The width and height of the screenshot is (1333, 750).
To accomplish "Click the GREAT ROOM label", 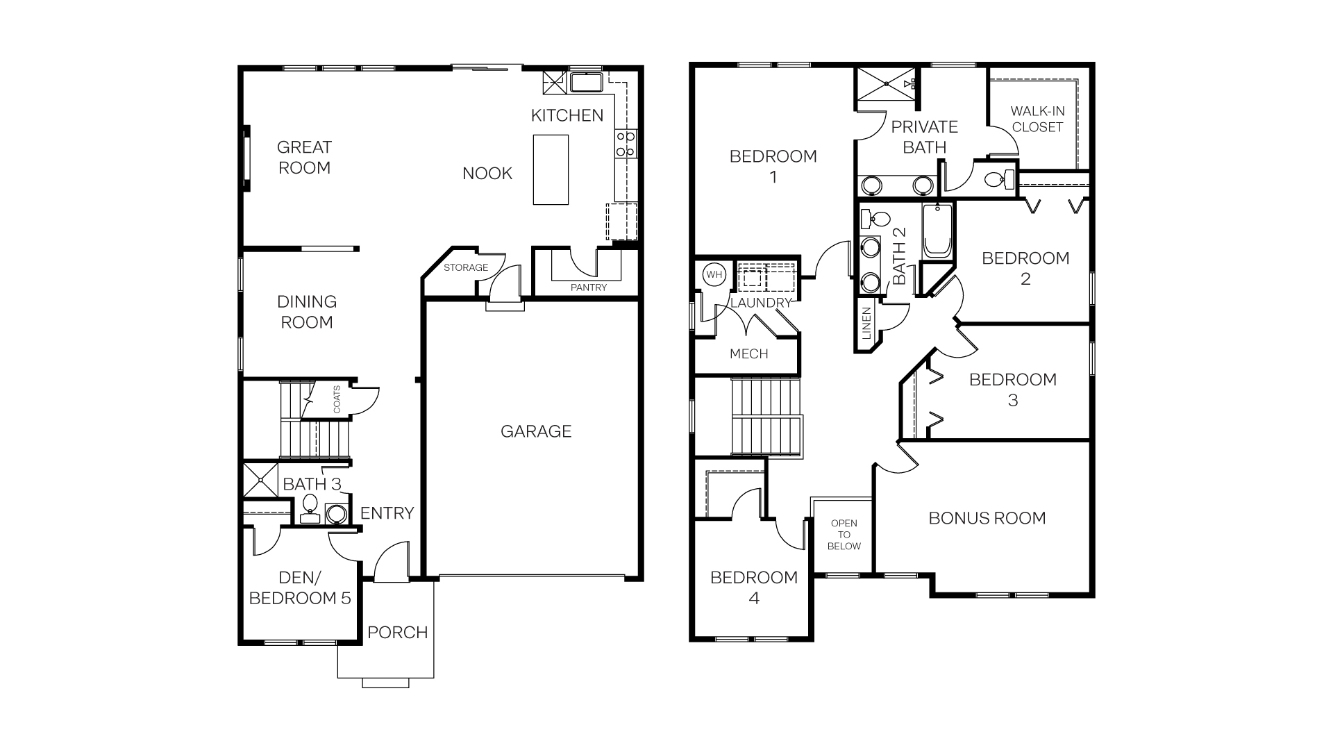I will point(304,158).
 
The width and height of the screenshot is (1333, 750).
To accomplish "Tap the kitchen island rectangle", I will point(551,169).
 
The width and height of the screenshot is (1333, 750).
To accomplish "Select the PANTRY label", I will point(588,287).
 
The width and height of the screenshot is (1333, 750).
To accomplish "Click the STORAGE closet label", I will point(466,267).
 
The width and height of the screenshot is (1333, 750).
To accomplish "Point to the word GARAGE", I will point(536,431).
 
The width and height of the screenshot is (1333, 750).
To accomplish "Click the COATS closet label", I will point(337,399).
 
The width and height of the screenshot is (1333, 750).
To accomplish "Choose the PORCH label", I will point(397,633).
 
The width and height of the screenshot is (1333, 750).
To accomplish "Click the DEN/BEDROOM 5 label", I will point(300,588).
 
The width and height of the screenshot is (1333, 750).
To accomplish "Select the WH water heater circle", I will point(714,274).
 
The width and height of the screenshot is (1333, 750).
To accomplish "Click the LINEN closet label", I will point(866,324).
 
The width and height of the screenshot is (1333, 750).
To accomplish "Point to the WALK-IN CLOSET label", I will point(1037,119).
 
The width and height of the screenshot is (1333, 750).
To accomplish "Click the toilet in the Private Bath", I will point(998,180).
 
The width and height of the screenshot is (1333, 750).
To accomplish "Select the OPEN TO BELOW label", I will point(844,535).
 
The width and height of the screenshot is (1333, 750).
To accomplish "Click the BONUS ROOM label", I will point(987,518).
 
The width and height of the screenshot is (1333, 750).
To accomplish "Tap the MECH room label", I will point(748,354).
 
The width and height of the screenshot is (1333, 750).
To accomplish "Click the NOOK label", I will point(487,174).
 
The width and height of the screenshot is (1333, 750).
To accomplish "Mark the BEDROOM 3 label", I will point(1012,390).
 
